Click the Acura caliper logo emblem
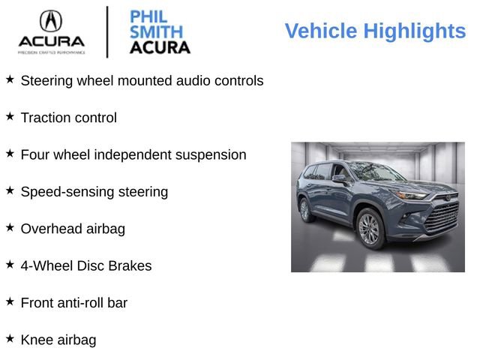(51, 20)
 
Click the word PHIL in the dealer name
(147, 17)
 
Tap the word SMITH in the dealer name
(156, 32)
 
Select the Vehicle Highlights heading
(375, 31)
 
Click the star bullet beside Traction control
(10, 116)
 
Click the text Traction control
(69, 118)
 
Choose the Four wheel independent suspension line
(133, 155)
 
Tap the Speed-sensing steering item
(94, 192)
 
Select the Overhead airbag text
(73, 229)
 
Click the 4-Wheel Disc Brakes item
(86, 266)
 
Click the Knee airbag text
(58, 340)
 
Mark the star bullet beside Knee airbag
(10, 339)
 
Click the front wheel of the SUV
(370, 228)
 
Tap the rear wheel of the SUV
(305, 209)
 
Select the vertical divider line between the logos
(107, 31)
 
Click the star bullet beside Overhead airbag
(10, 227)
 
